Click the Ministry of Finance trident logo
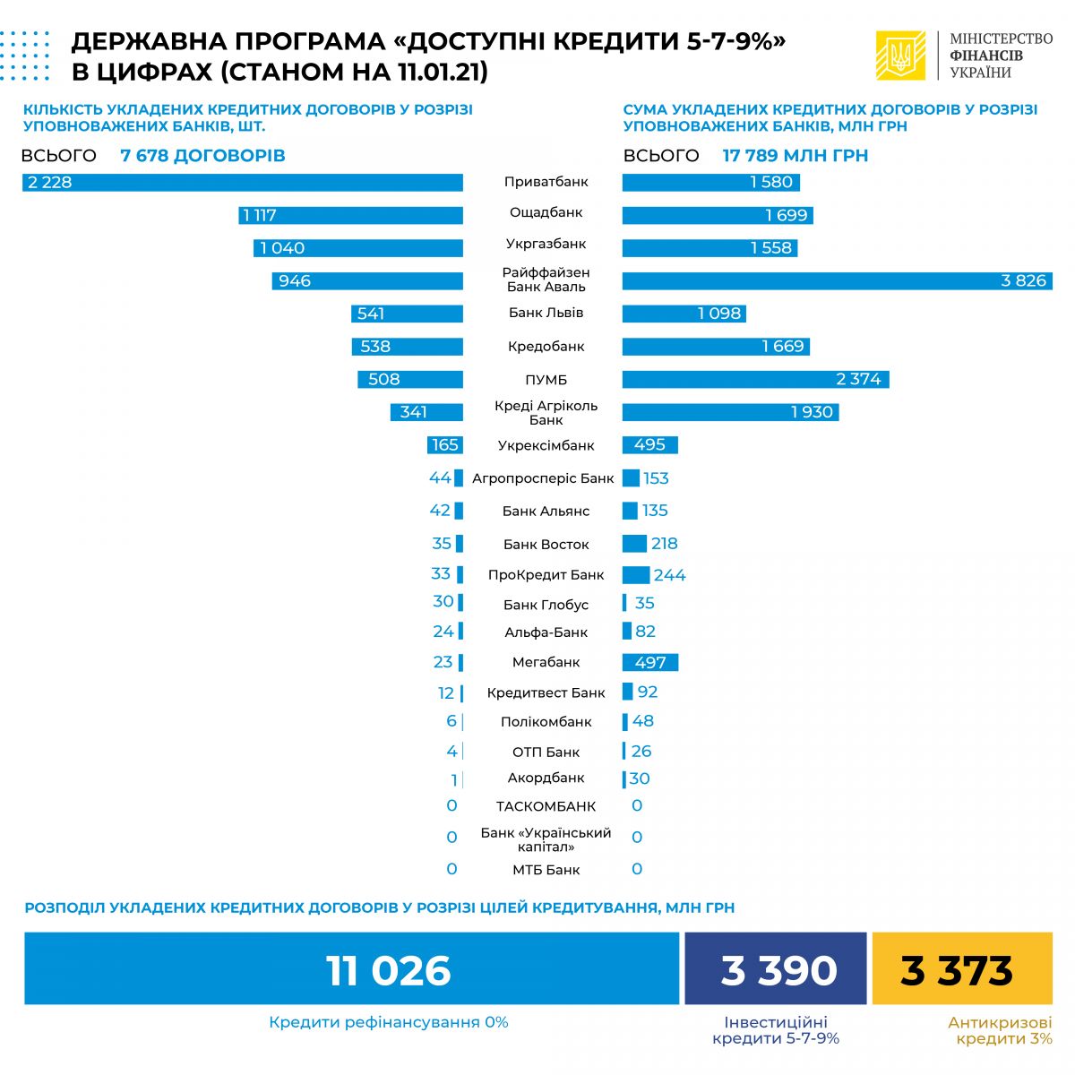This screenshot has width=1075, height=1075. [900, 56]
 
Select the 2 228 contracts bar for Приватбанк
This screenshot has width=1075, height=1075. [243, 183]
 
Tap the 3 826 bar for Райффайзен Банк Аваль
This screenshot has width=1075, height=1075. [837, 281]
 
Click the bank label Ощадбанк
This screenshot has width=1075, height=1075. [546, 212]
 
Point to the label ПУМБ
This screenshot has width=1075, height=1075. [546, 380]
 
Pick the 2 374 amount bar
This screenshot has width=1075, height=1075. [755, 380]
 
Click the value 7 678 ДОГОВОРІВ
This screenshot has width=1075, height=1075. [202, 156]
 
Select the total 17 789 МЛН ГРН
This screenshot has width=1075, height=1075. [795, 156]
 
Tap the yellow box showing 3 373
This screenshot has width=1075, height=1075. [961, 969]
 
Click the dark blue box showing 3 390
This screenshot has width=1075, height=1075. [776, 969]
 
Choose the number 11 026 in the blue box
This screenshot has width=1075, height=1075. [388, 970]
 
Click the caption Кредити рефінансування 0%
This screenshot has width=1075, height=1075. [388, 1022]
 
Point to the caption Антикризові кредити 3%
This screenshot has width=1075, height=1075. [1000, 1030]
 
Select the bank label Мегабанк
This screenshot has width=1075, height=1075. [546, 662]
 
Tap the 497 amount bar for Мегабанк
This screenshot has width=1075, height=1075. [650, 663]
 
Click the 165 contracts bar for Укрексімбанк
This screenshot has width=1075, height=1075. [445, 445]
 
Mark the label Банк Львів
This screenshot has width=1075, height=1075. [546, 313]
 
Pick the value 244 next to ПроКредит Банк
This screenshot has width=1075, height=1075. [669, 575]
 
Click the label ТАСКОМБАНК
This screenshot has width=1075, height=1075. [546, 806]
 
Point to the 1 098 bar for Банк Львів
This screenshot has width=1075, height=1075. [684, 314]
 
